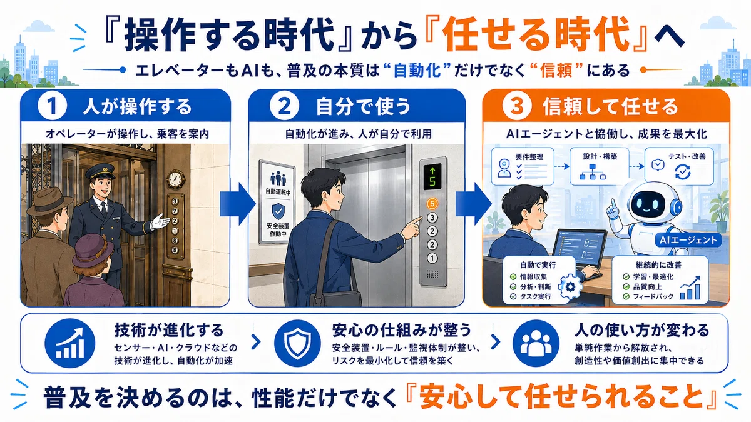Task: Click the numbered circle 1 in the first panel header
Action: click(52, 106)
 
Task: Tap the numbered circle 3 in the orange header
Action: click(517, 106)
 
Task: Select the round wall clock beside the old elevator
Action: click(175, 179)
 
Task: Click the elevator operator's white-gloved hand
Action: click(160, 221)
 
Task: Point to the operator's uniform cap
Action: click(100, 170)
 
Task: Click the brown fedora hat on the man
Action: click(49, 201)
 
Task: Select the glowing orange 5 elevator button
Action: click(432, 204)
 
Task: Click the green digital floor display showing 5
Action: click(432, 176)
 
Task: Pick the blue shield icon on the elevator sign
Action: click(278, 211)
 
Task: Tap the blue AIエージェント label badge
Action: click(688, 240)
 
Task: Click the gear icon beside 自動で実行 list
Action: click(570, 287)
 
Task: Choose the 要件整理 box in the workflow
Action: click(523, 166)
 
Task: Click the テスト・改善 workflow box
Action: click(679, 166)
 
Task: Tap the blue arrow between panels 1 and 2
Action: click(238, 204)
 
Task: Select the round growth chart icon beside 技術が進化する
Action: click(69, 343)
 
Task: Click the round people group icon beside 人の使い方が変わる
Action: click(536, 343)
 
